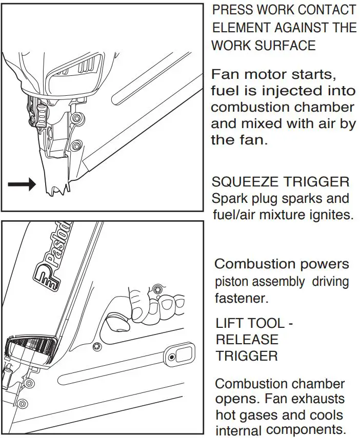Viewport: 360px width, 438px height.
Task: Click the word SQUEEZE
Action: tap(244, 182)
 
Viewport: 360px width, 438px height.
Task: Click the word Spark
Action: tap(229, 198)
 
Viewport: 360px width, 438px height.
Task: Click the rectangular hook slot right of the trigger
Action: tap(181, 354)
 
